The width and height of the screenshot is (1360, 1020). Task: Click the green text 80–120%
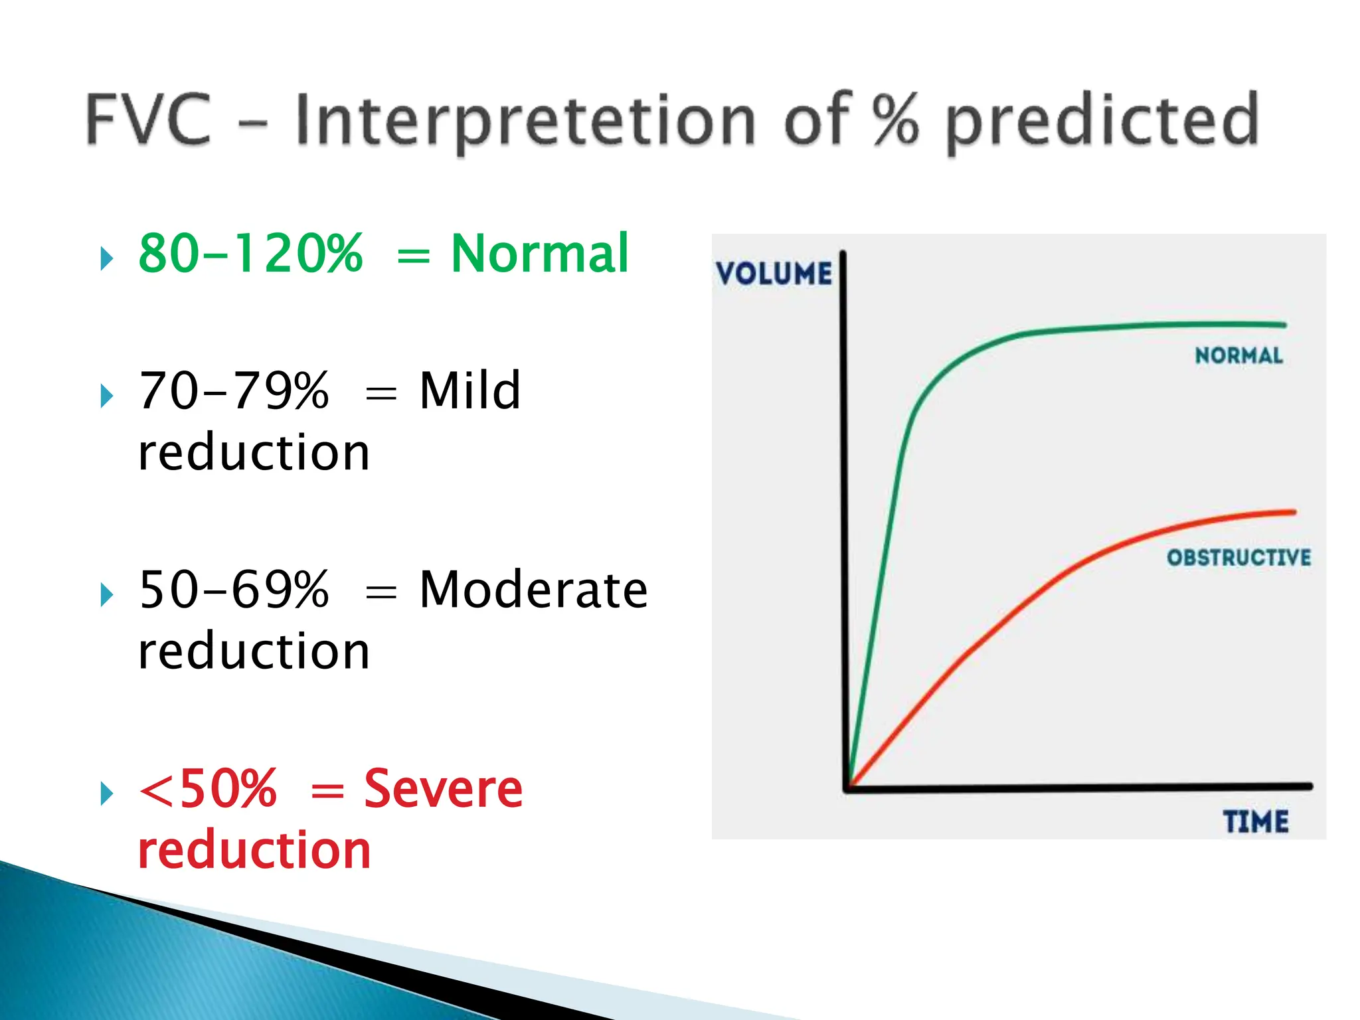[x=251, y=254]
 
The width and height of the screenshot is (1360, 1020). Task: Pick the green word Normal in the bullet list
[x=539, y=254]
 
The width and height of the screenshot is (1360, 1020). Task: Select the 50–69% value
[x=234, y=590]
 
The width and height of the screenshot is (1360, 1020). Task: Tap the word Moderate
[x=533, y=590]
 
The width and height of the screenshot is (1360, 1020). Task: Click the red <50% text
[x=207, y=789]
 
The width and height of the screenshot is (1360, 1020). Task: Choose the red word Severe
[x=443, y=789]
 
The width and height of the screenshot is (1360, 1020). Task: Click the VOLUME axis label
[x=774, y=274]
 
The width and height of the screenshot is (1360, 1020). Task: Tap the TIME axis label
[x=1256, y=822]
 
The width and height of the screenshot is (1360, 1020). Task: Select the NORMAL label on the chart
[x=1238, y=356]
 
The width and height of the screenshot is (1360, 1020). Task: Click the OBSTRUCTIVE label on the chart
[x=1238, y=557]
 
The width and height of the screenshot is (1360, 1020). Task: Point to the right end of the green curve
[x=1283, y=325]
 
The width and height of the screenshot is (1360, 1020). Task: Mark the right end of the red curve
[x=1292, y=512]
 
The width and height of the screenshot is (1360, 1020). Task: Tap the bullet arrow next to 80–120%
[x=106, y=258]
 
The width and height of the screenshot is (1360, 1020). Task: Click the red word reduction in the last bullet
[x=254, y=850]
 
